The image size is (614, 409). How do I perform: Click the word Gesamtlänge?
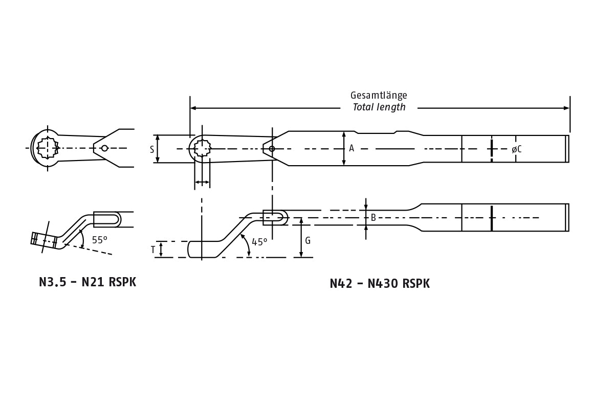tap(379, 96)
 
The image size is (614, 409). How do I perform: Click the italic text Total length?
tap(379, 107)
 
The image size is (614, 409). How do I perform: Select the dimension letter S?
tap(152, 149)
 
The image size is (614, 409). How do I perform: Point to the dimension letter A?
tap(352, 148)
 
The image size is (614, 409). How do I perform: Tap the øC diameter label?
tap(517, 149)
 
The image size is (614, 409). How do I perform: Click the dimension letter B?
tap(373, 218)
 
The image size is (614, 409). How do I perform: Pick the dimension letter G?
tap(308, 241)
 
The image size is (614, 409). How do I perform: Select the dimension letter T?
tap(153, 250)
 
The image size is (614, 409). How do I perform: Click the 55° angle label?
tap(99, 240)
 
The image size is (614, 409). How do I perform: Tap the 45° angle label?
tap(259, 242)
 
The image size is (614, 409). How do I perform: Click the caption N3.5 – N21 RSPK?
tap(87, 282)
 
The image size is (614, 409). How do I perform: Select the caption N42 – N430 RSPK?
tap(380, 284)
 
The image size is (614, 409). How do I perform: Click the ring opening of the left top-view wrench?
tap(48, 148)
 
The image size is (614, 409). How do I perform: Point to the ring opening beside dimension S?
tap(203, 148)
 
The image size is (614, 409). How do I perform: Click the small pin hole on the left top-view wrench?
tap(104, 148)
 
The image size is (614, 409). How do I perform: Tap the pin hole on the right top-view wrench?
tap(272, 149)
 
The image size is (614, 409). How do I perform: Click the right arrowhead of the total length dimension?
tap(566, 108)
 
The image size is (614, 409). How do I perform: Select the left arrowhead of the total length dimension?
tap(193, 108)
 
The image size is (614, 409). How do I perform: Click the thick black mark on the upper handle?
tap(492, 149)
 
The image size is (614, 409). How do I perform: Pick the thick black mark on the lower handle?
tap(492, 218)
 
